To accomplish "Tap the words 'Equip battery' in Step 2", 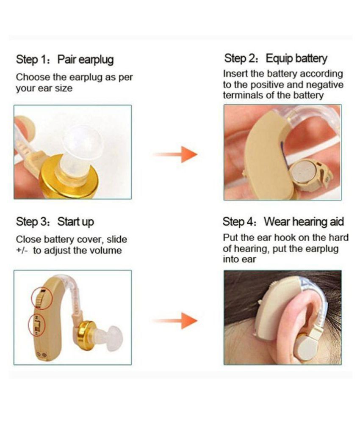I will (296, 58).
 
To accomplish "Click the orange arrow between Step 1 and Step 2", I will (175, 154).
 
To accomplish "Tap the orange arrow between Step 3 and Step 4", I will (175, 320).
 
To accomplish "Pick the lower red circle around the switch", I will (37, 326).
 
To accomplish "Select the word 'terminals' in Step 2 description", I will (244, 95).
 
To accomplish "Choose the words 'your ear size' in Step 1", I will (44, 88).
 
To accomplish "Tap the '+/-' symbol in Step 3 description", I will (22, 250).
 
